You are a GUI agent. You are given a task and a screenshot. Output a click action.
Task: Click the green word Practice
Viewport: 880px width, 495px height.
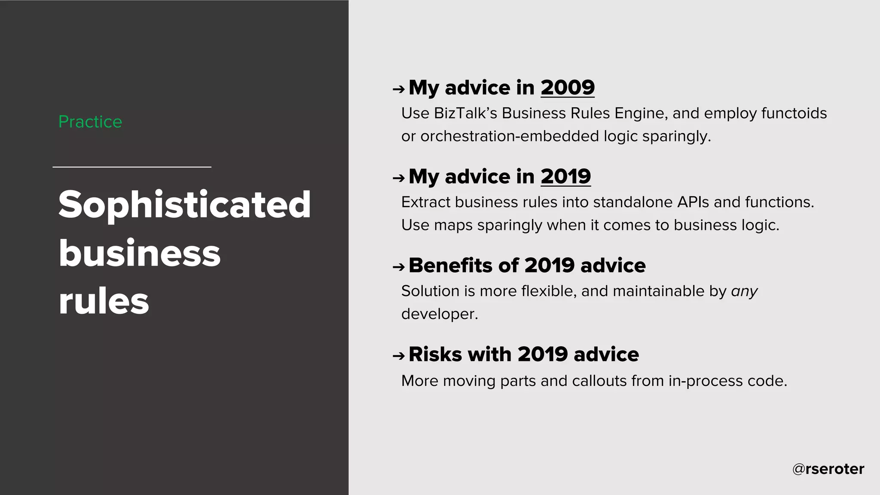(90, 122)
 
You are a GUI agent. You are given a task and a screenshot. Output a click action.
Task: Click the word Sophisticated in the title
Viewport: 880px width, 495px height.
(185, 205)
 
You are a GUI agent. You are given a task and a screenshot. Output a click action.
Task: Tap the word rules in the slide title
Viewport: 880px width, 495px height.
(104, 301)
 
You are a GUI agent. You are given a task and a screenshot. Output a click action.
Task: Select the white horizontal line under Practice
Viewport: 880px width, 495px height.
(132, 167)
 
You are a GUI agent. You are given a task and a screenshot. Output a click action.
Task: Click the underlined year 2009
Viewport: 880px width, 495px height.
(567, 88)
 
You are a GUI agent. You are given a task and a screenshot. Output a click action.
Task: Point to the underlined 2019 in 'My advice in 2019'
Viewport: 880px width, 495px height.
(565, 177)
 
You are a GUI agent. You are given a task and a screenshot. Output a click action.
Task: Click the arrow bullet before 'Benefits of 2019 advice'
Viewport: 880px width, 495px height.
(399, 267)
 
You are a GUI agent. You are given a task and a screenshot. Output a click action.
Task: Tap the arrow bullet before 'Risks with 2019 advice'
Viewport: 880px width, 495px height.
(399, 356)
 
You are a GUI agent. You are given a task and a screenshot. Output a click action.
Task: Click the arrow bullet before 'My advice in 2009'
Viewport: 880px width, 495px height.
(399, 89)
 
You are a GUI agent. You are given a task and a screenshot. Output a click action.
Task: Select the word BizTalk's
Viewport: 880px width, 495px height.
(465, 113)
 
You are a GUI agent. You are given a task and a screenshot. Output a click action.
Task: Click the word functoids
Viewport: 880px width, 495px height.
(794, 113)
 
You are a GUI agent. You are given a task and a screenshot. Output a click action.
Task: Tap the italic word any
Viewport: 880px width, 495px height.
(744, 292)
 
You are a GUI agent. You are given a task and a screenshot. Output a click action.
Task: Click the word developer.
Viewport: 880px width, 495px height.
(439, 314)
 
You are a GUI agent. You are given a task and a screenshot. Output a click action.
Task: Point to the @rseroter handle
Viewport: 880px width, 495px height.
(828, 469)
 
